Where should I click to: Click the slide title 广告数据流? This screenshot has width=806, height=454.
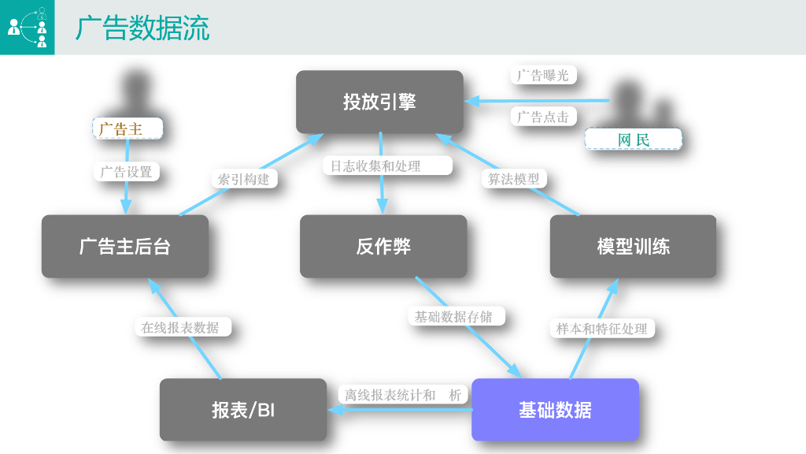[x=142, y=28]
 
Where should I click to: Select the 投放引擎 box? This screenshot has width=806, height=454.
[x=379, y=102]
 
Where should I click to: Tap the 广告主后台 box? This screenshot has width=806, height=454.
[x=125, y=247]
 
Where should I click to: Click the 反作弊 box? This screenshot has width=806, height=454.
[x=383, y=247]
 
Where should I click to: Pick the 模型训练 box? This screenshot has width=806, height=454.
[x=633, y=247]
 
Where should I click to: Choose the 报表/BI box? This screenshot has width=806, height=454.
[x=243, y=410]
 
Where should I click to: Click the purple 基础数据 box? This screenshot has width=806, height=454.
[x=555, y=410]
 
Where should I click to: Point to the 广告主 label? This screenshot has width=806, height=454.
[x=128, y=128]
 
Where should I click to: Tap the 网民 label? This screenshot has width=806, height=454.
[x=633, y=140]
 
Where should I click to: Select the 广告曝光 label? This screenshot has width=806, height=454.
[x=543, y=76]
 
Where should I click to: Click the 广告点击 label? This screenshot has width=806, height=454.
[x=543, y=117]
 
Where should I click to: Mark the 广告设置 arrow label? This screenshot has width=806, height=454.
[x=126, y=171]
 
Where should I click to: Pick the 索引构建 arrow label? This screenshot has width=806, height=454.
[x=244, y=179]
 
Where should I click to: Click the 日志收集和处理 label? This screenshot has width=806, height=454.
[x=387, y=166]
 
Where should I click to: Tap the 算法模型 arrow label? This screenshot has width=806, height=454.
[x=514, y=179]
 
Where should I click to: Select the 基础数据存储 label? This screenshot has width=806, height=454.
[x=453, y=316]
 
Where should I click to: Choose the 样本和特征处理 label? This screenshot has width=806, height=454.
[x=602, y=329]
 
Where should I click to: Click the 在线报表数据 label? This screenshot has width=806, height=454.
[x=180, y=327]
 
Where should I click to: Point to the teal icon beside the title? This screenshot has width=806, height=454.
[x=27, y=28]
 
